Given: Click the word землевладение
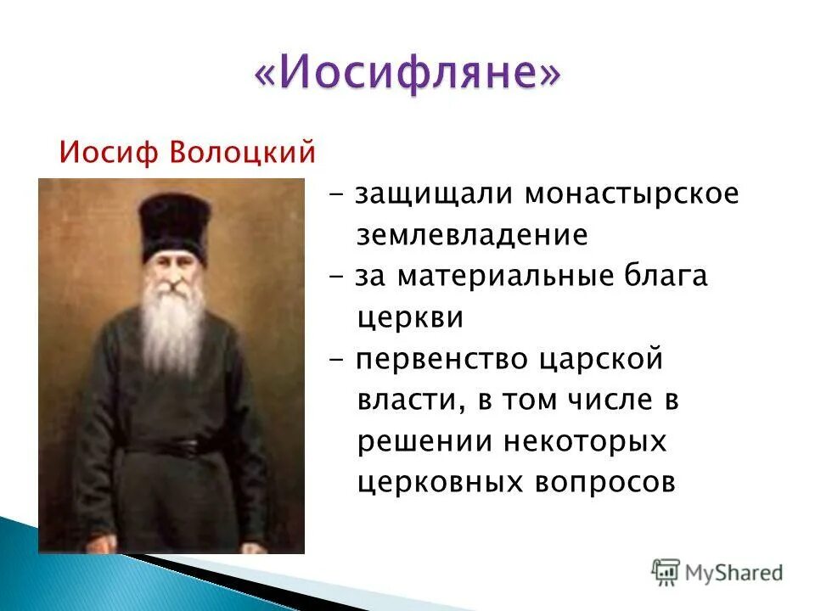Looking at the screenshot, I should (472, 235).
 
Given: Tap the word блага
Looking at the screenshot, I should (667, 277).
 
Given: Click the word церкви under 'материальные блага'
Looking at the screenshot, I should (410, 318).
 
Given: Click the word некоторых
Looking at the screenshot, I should (582, 442).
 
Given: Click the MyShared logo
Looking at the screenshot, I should (717, 572).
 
